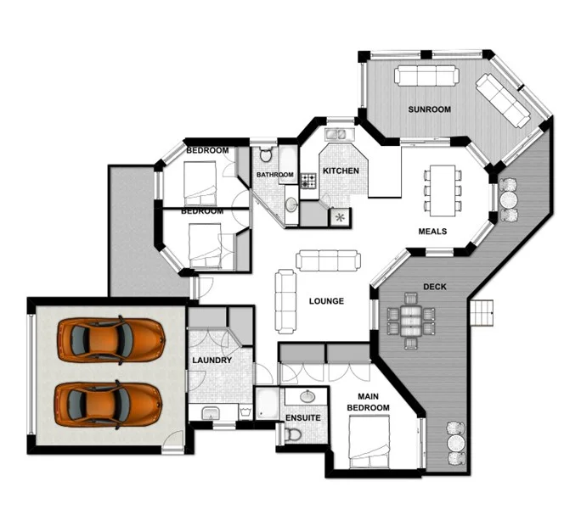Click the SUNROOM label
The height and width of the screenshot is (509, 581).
pos(429,109)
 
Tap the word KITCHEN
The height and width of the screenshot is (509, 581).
pos(341,171)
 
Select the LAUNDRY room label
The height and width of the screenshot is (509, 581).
pos(212,361)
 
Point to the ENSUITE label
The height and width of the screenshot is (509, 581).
pos(302,418)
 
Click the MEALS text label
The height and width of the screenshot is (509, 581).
pos(432,232)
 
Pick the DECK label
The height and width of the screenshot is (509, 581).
pos(434,287)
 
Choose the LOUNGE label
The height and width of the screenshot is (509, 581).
pos(326,301)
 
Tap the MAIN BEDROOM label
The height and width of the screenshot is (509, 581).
pos(368,402)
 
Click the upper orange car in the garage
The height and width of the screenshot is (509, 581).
pos(110,338)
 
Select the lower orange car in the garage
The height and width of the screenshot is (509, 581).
pos(109,404)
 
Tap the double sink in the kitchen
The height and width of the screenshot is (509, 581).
pos(336,135)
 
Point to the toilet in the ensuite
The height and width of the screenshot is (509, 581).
pos(294,433)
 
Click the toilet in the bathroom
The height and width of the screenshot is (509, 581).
pos(266,155)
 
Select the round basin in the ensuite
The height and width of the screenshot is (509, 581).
pos(307,397)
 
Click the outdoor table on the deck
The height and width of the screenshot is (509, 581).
pos(410,316)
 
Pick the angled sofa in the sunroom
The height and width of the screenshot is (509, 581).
pos(503,100)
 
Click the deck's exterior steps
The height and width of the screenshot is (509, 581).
pos(482,312)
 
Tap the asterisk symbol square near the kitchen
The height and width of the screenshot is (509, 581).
pos(340,217)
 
